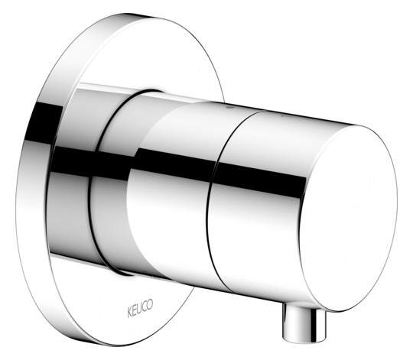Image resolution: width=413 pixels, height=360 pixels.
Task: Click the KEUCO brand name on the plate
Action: point(140,308)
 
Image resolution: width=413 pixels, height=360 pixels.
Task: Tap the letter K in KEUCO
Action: point(129,312)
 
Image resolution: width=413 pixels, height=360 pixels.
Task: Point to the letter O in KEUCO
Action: point(150,305)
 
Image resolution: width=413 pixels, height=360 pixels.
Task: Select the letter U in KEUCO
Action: point(140,309)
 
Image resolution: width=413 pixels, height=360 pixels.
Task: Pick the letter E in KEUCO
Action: point(135,310)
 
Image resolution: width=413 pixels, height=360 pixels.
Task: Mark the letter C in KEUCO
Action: point(145,306)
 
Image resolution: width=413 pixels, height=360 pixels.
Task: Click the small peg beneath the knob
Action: point(304,323)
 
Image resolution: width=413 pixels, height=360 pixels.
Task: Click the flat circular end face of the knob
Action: point(348,219)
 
